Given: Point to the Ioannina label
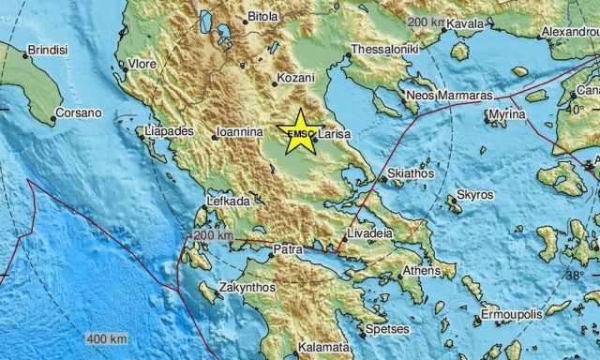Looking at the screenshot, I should point(239,134).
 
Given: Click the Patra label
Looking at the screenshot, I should point(285,250).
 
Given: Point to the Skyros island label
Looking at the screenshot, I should point(474,194).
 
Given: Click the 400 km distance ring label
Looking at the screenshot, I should point(105,338).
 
